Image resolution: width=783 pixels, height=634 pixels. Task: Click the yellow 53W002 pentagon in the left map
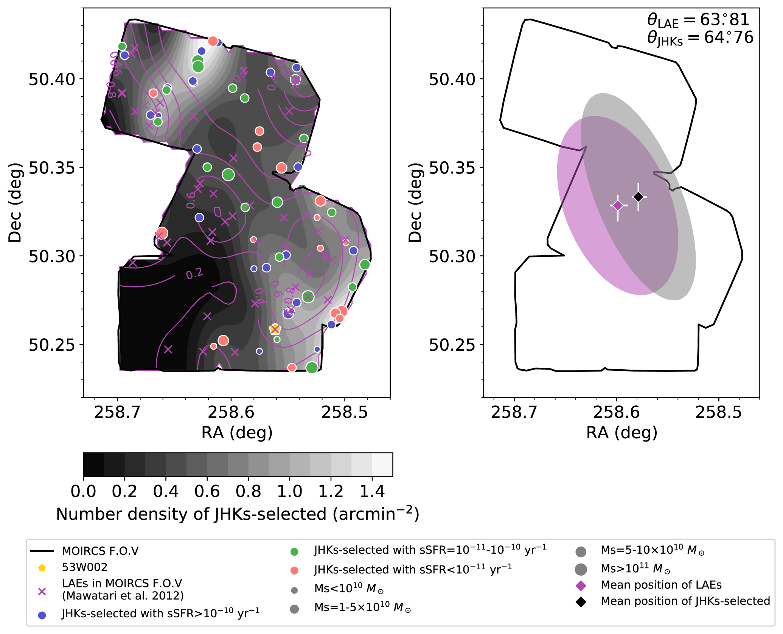[275, 329]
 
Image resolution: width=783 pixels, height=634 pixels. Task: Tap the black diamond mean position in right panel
[639, 197]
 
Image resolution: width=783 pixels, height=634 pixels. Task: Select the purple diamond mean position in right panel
[618, 206]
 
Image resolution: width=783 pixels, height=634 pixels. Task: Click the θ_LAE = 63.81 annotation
[698, 20]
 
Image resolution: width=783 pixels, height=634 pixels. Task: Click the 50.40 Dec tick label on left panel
[52, 80]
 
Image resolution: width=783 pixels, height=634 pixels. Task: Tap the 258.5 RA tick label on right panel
[719, 412]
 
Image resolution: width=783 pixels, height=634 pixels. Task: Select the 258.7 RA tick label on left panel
[117, 412]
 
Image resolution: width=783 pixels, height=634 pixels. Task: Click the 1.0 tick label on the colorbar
[289, 492]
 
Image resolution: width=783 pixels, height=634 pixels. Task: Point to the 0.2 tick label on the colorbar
[124, 492]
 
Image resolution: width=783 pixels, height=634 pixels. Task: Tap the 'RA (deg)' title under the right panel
[621, 433]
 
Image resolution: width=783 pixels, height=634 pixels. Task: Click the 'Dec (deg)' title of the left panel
[15, 203]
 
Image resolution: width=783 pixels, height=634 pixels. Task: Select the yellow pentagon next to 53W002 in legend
[42, 568]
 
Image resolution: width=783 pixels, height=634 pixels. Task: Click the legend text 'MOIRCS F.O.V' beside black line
[100, 551]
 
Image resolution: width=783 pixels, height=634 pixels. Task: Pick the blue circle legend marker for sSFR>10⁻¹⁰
[42, 615]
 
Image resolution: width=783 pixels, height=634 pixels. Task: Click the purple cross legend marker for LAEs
[42, 592]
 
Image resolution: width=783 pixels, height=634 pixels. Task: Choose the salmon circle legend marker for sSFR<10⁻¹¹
[294, 571]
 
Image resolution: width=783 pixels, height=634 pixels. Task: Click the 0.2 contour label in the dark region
[194, 274]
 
